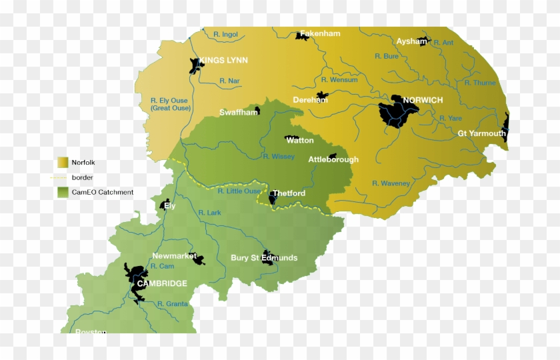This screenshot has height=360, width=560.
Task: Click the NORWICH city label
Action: point(423,101)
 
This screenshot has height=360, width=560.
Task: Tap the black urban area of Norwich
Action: point(395,111)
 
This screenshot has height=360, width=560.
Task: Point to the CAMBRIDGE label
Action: point(162,283)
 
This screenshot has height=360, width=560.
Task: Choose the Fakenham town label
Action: point(320,33)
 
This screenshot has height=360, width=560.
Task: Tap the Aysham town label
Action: point(411,41)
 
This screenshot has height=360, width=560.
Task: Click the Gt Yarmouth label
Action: point(481,133)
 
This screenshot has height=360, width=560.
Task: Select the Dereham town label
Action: point(310,100)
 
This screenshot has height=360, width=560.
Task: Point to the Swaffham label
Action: point(239,113)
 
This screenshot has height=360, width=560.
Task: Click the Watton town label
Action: point(300,141)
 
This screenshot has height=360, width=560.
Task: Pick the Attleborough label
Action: point(333,159)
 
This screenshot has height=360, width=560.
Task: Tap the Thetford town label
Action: point(289,193)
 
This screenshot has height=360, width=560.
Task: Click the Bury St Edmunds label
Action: point(264,258)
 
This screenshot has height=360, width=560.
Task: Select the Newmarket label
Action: point(174,256)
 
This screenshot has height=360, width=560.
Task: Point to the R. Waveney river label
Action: point(391,183)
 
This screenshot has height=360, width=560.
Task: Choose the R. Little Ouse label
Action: point(239,191)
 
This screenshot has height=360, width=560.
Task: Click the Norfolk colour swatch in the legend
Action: point(63,162)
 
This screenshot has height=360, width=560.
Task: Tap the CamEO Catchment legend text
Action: point(103,192)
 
